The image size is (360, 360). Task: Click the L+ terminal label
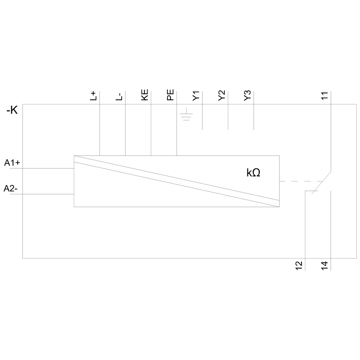click(x=93, y=96)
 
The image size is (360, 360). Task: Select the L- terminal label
click(x=119, y=96)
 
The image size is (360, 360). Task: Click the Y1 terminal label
click(x=196, y=96)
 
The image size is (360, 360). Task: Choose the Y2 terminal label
click(x=222, y=96)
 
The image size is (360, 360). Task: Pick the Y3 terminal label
click(x=248, y=96)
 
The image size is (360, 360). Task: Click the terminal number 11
click(x=325, y=96)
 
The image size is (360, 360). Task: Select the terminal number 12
click(x=299, y=266)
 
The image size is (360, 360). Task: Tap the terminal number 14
click(x=325, y=266)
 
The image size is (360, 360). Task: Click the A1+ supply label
click(x=12, y=163)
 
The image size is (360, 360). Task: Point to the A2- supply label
click(x=12, y=188)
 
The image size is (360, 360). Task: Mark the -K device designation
click(x=12, y=111)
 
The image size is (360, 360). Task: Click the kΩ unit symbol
click(x=253, y=173)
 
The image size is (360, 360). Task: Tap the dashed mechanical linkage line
click(x=301, y=181)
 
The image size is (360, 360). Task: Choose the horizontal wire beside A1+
click(x=47, y=168)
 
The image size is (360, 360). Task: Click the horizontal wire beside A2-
click(x=47, y=194)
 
